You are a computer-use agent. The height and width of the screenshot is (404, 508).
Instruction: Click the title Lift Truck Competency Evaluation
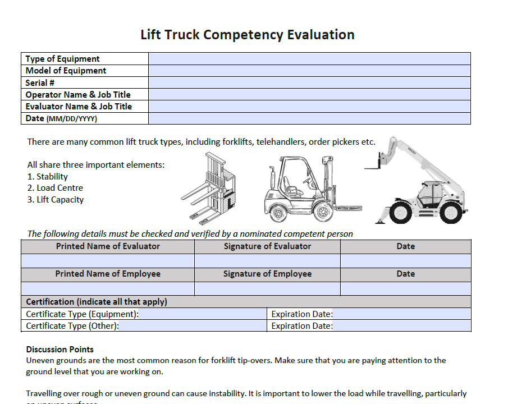tap(247, 35)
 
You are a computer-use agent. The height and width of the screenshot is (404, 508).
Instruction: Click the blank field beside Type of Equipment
tap(309, 59)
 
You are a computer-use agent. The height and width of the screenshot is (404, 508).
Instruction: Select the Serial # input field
tap(309, 82)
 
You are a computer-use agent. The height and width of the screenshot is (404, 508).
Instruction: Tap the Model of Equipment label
tap(66, 71)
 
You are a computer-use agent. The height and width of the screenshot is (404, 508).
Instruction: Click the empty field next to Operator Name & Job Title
tap(309, 94)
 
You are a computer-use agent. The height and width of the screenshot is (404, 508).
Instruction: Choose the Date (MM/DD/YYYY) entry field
tap(309, 118)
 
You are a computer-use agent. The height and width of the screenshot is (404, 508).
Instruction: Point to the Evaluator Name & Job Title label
tap(79, 107)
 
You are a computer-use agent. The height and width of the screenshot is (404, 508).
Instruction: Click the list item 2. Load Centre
tap(55, 188)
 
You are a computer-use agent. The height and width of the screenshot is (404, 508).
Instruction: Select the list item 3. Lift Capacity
tap(56, 200)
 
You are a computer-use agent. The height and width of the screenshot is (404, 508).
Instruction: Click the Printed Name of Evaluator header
tap(108, 246)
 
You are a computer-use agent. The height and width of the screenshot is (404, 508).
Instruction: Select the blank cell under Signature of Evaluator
tap(267, 261)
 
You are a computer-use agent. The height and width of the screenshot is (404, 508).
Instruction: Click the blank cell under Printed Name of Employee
tap(108, 288)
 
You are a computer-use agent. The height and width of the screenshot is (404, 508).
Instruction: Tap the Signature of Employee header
tap(267, 274)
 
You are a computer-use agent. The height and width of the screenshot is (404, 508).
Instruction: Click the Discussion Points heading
tap(60, 350)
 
